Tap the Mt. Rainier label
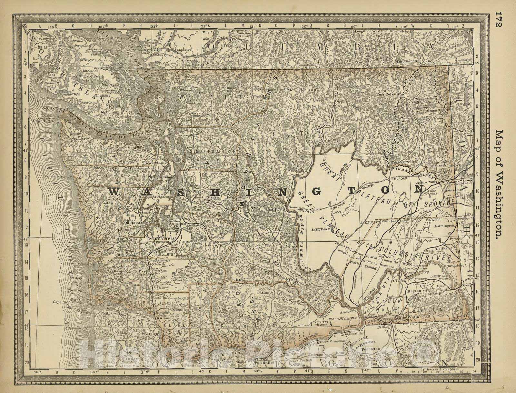[x=211, y=259]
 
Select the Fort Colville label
[x=388, y=94]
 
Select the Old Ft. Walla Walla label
[x=344, y=319]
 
